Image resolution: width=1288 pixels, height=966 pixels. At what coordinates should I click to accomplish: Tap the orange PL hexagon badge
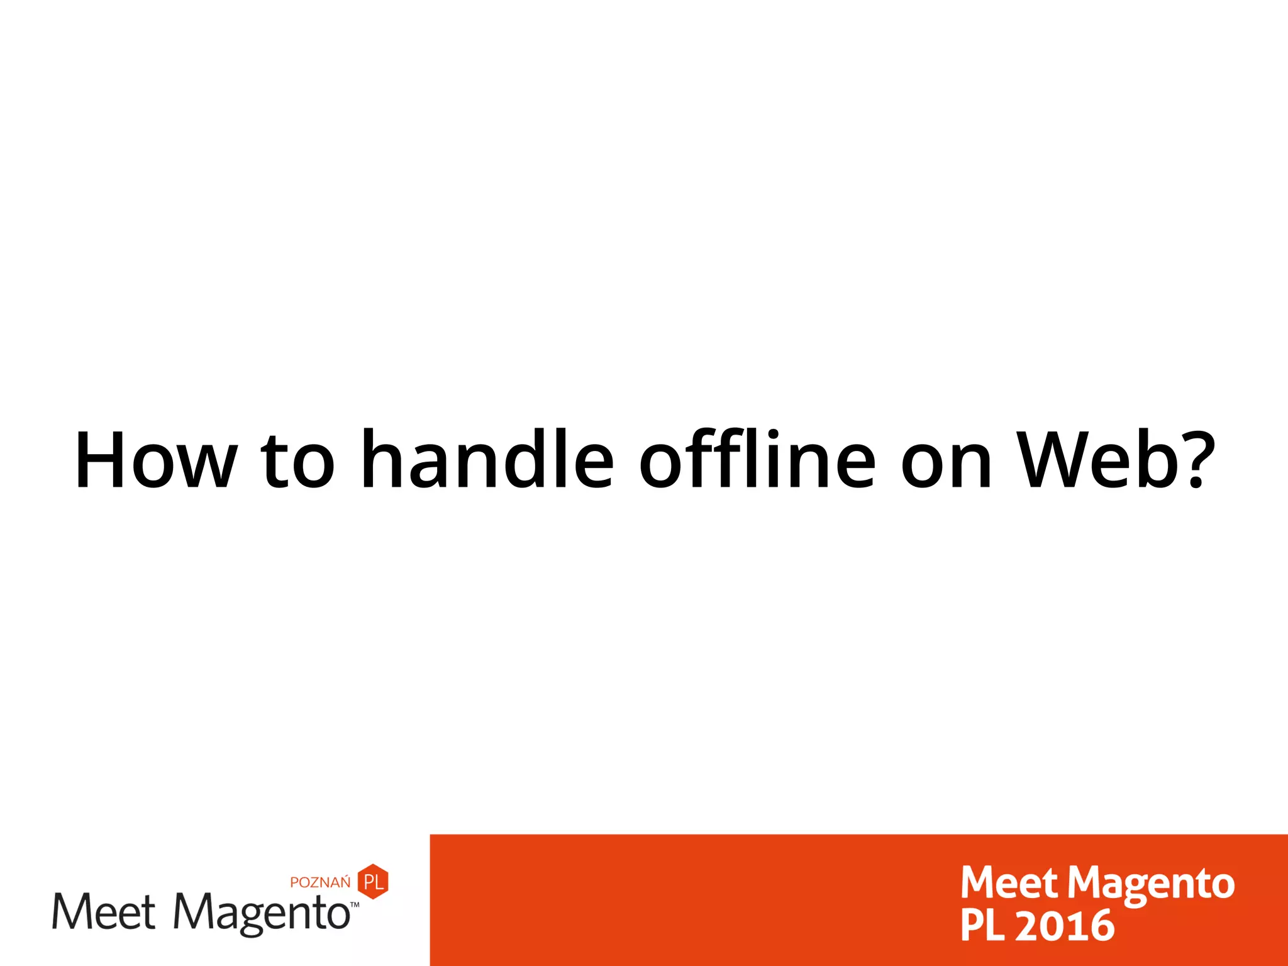coord(373,881)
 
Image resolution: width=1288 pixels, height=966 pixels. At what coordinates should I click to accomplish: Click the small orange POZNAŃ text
coord(320,882)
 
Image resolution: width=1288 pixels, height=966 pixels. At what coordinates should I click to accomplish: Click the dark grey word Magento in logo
coord(261,913)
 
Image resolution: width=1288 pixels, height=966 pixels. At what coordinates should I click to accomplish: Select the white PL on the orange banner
coord(982,926)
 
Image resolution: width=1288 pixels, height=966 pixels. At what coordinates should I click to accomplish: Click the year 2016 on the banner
coord(1064,926)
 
